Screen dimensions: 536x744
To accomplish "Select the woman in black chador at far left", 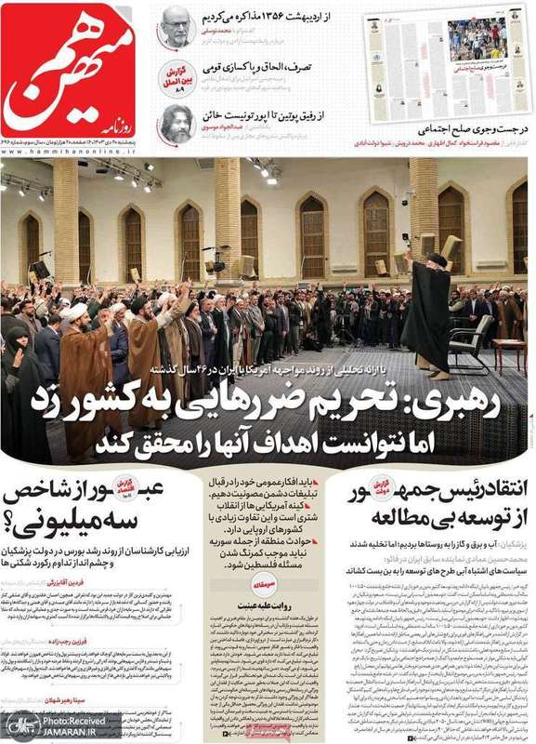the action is (20, 391).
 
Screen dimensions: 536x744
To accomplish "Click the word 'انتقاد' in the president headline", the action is (495, 486).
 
